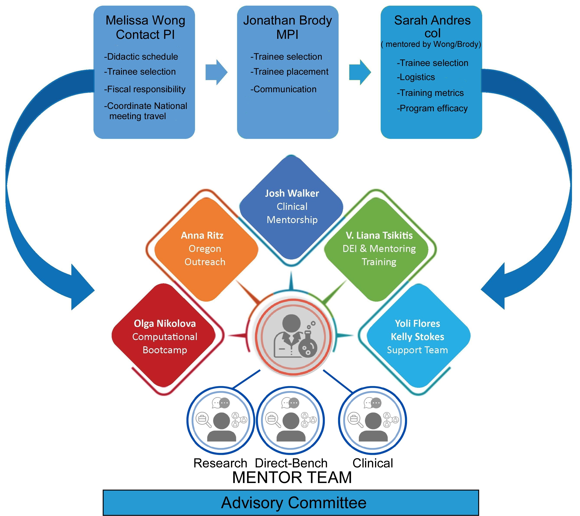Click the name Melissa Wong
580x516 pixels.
click(x=145, y=20)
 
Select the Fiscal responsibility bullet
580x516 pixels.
click(x=145, y=89)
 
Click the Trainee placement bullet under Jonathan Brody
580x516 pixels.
click(x=289, y=72)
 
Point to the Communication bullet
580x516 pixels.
click(x=283, y=89)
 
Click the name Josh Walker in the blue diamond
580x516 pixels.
click(x=292, y=193)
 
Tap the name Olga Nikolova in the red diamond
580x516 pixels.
click(x=165, y=323)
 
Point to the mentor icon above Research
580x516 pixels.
click(x=221, y=420)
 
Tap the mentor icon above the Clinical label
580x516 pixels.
click(x=373, y=420)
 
